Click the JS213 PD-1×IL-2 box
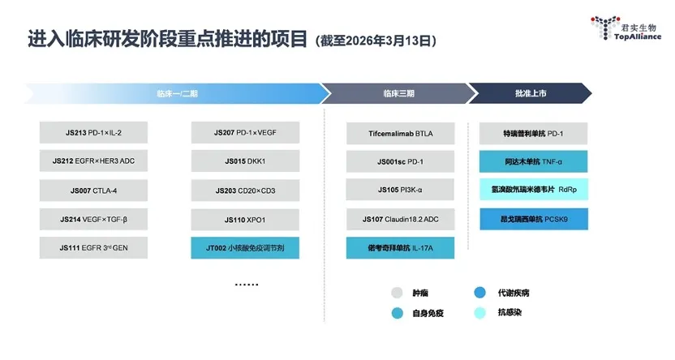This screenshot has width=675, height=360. (x=93, y=132)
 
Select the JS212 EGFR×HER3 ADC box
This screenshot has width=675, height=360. (x=93, y=161)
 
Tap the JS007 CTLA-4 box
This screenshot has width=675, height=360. (x=93, y=191)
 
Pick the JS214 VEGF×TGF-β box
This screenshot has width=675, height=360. (x=93, y=220)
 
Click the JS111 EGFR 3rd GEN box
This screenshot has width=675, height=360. (x=93, y=248)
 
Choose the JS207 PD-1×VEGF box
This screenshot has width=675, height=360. (x=245, y=132)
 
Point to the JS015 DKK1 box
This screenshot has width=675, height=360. (x=245, y=161)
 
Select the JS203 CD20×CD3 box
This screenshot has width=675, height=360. (x=245, y=191)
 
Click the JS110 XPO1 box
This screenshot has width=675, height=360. (x=245, y=220)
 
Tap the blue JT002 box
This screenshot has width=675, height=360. (x=245, y=248)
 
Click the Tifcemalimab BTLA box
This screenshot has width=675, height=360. (x=400, y=133)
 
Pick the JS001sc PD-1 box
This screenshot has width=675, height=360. (x=400, y=161)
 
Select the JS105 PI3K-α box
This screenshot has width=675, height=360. (x=400, y=190)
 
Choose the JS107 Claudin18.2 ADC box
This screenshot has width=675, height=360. (x=400, y=220)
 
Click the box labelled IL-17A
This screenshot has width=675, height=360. (x=400, y=248)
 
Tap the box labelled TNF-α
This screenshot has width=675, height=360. (x=533, y=161)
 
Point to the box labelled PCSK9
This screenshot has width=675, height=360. (x=534, y=219)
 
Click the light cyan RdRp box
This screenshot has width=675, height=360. (x=534, y=189)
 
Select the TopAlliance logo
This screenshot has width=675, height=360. (x=626, y=28)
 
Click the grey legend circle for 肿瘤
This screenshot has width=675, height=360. (x=397, y=293)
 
